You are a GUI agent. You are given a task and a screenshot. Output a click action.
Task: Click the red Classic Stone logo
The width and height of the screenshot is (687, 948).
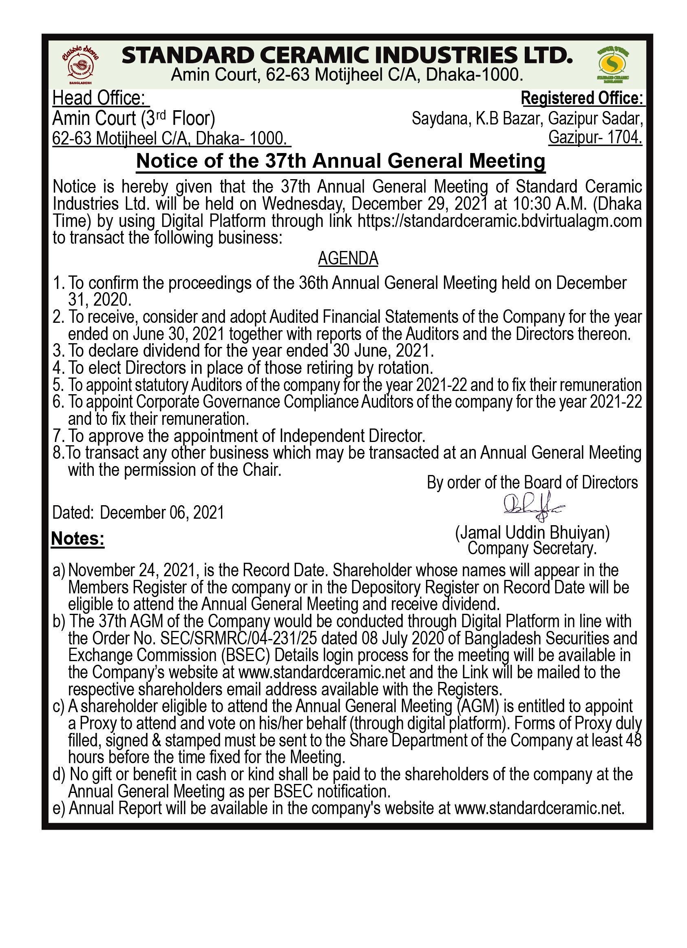80,65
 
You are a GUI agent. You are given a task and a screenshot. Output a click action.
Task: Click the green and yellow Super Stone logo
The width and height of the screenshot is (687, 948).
613,64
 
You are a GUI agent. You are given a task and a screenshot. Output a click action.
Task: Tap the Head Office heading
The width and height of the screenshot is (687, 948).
99,98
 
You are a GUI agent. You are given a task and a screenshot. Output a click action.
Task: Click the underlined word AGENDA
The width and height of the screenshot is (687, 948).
348,259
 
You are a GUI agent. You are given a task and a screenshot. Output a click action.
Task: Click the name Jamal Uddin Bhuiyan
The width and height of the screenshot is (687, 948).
532,533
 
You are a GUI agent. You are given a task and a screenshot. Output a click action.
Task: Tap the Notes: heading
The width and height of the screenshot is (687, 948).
78,539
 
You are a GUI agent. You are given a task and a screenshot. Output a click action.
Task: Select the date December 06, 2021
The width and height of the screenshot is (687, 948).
161,513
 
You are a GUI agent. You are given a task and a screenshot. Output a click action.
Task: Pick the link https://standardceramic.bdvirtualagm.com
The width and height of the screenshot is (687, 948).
499,221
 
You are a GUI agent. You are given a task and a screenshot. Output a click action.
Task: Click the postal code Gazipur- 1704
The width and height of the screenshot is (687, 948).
595,137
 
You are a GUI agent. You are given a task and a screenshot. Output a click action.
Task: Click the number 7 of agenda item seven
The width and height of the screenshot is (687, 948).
57,436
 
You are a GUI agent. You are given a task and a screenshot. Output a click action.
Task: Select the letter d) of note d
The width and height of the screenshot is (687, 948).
59,775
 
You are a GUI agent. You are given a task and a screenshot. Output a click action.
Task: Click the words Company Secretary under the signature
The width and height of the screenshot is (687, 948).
532,548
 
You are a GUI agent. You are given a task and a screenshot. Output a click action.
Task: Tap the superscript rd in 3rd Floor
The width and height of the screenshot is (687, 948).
161,114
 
